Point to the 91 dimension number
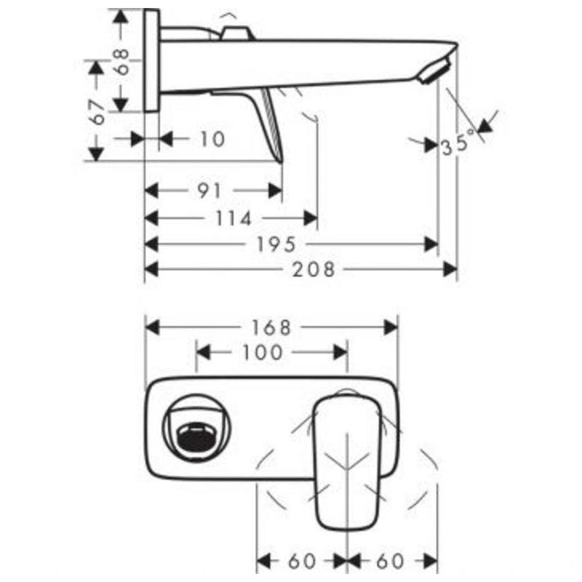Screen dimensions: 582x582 tap(209, 191)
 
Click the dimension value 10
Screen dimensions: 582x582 tap(212, 138)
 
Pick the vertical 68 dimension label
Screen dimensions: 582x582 tap(121, 62)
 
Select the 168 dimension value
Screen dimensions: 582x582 tap(271, 327)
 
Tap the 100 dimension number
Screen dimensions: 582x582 tap(263, 353)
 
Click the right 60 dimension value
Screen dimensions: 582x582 tap(389, 561)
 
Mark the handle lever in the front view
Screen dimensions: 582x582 tap(348, 458)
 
